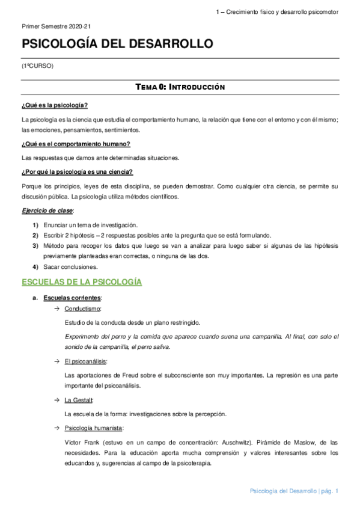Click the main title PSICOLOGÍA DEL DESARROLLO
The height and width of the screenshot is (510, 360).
pyautogui.click(x=117, y=45)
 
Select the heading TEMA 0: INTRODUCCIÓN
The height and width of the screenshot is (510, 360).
pyautogui.click(x=180, y=87)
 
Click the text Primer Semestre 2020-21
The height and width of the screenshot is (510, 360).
pyautogui.click(x=56, y=27)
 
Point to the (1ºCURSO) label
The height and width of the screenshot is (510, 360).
pyautogui.click(x=37, y=66)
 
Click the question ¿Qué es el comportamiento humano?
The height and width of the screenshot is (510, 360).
pyautogui.click(x=76, y=144)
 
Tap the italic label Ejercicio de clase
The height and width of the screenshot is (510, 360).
pyautogui.click(x=47, y=211)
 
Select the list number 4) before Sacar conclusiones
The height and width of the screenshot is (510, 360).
pyautogui.click(x=35, y=266)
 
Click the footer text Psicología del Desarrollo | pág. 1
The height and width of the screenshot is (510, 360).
pyautogui.click(x=294, y=492)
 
